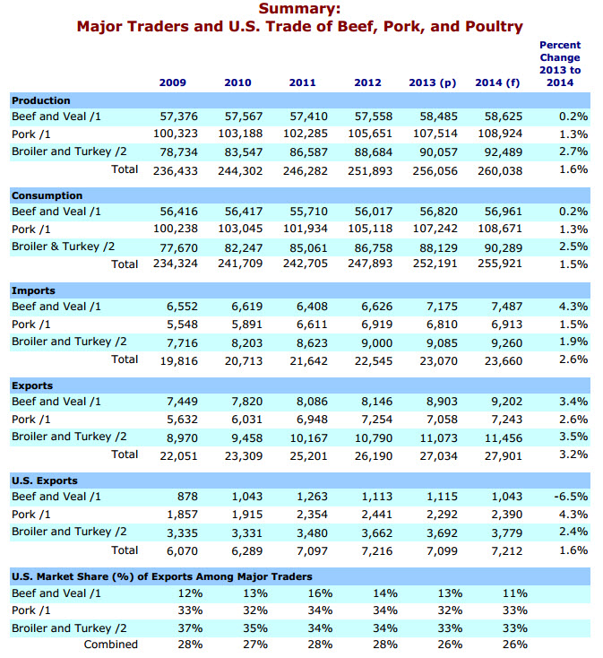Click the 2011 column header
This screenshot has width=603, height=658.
(302, 82)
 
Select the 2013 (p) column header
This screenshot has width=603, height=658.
(433, 82)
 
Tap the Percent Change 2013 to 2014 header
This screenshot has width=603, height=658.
(560, 64)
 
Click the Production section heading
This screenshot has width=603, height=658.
(41, 100)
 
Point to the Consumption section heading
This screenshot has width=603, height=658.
(47, 196)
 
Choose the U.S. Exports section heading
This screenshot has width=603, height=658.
(45, 481)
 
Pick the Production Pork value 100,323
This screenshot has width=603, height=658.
(176, 134)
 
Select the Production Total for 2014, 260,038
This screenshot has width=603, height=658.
(500, 171)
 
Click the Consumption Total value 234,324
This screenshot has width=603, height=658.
(176, 264)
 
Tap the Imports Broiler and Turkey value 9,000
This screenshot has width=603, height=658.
(377, 343)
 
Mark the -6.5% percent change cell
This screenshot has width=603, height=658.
(571, 497)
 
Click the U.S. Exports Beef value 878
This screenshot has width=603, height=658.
(187, 497)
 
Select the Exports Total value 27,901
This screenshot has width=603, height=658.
(504, 456)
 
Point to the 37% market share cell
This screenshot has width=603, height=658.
(190, 628)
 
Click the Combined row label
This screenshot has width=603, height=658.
(111, 645)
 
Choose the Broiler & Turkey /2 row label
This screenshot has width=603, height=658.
(63, 247)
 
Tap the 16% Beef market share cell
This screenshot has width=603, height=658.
(321, 593)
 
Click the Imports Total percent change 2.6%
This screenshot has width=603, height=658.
(573, 359)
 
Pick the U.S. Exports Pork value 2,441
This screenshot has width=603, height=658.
(377, 515)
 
